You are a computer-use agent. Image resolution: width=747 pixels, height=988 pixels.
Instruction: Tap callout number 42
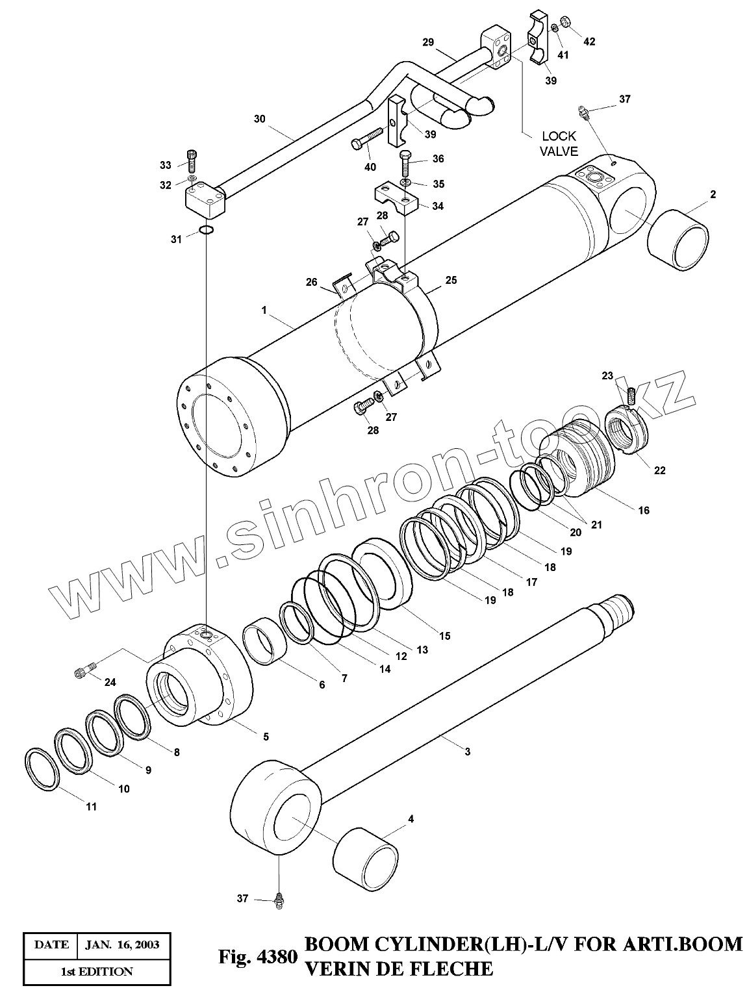[589, 42]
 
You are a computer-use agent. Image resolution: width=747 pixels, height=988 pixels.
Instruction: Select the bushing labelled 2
[679, 240]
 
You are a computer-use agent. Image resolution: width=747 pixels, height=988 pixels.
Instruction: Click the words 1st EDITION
[97, 971]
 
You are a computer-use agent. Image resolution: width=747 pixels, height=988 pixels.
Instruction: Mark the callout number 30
[259, 119]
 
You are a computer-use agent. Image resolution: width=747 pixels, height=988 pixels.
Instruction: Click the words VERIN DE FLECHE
[399, 969]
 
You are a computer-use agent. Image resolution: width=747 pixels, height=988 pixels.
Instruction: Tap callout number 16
[643, 511]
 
